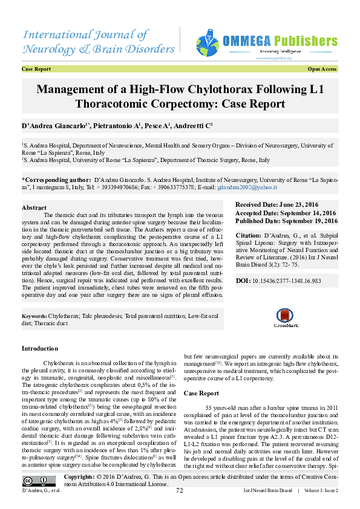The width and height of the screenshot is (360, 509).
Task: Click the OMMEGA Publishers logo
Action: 266,43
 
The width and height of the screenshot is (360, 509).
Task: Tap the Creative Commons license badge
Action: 35,481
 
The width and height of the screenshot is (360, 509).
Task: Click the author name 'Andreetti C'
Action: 193,125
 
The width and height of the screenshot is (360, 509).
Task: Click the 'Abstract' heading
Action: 34,207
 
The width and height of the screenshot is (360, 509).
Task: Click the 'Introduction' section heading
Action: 40,349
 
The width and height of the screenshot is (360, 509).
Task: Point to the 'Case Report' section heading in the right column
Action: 201,394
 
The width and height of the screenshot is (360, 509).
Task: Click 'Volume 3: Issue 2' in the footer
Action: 321,490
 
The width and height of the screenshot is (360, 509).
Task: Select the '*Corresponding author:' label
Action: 56,180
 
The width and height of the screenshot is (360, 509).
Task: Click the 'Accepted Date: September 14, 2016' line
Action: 285,213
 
